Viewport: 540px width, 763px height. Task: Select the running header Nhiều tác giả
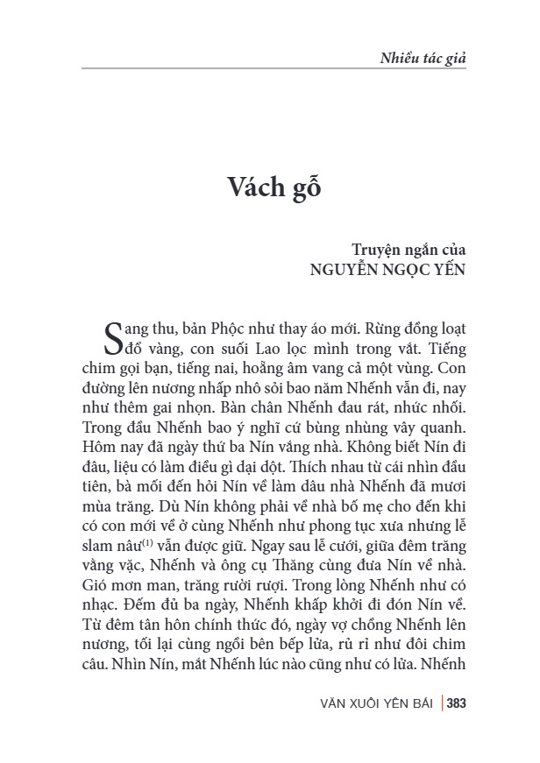click(422, 59)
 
